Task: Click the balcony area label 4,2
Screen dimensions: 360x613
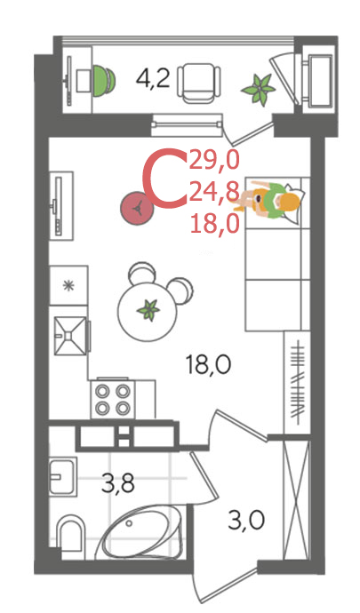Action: pos(153,78)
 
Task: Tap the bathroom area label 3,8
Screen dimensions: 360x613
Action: pos(118,483)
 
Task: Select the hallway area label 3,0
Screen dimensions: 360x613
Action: pos(246,521)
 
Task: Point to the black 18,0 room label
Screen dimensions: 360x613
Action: pos(209,365)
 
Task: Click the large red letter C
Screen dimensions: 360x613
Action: pos(164,177)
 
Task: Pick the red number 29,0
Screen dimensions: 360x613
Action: pos(213,161)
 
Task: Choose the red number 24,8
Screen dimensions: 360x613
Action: pos(214,193)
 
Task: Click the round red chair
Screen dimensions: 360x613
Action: pos(137,208)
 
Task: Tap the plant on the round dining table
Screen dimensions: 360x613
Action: pos(148,310)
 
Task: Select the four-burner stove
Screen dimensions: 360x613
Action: pos(113,399)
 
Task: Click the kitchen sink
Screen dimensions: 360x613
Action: pos(70,336)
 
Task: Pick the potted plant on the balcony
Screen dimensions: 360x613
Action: pos(259,89)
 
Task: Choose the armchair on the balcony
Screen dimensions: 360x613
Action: pos(199,83)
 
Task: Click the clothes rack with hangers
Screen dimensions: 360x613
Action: pos(298,382)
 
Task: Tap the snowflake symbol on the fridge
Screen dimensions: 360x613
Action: pos(68,285)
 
